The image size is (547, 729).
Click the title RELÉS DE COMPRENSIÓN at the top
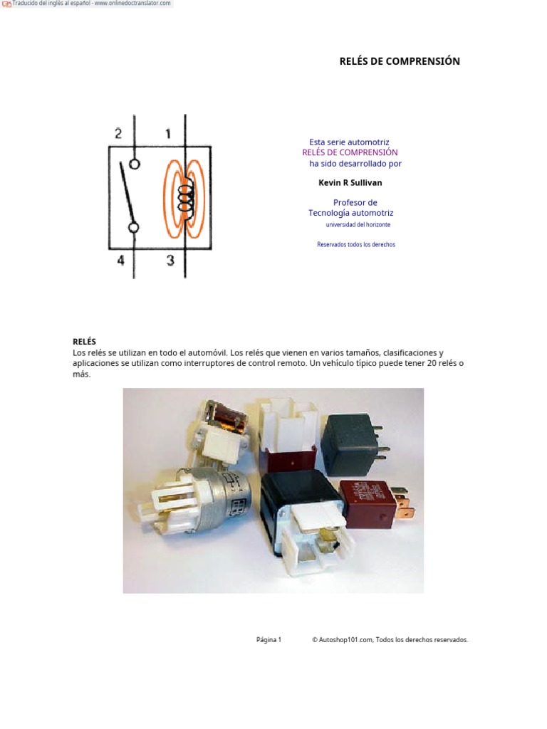(x=400, y=61)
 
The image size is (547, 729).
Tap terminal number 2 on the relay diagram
(x=118, y=133)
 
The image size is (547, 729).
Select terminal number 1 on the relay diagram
(x=168, y=133)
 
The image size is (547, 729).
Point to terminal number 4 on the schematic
(x=120, y=261)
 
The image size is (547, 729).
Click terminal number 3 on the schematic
(x=170, y=261)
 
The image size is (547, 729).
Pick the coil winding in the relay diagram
(x=186, y=193)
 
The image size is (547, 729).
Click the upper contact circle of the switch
(x=134, y=163)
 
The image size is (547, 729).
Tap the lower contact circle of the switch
(x=133, y=227)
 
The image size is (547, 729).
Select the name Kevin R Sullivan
(x=350, y=183)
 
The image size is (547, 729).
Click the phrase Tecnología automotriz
(x=350, y=213)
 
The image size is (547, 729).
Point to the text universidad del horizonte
(x=358, y=225)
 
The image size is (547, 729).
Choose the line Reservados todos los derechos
(x=355, y=245)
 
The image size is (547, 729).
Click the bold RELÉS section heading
(x=84, y=342)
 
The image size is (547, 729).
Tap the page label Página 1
(x=269, y=640)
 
